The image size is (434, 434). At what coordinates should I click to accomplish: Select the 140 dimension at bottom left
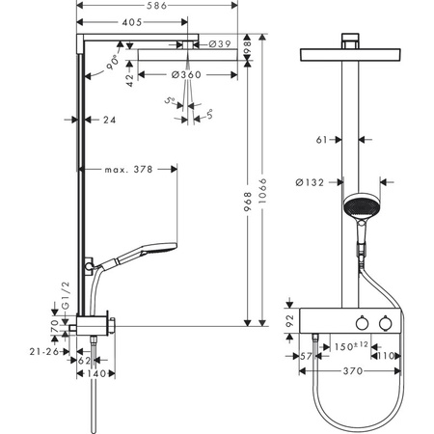pos(95,372)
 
